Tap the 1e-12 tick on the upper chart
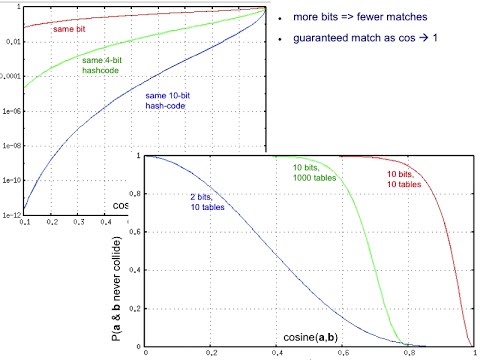(x=10, y=215)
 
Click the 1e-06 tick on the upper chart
(x=10, y=111)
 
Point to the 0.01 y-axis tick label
(x=12, y=41)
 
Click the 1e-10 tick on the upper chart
(x=10, y=180)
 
